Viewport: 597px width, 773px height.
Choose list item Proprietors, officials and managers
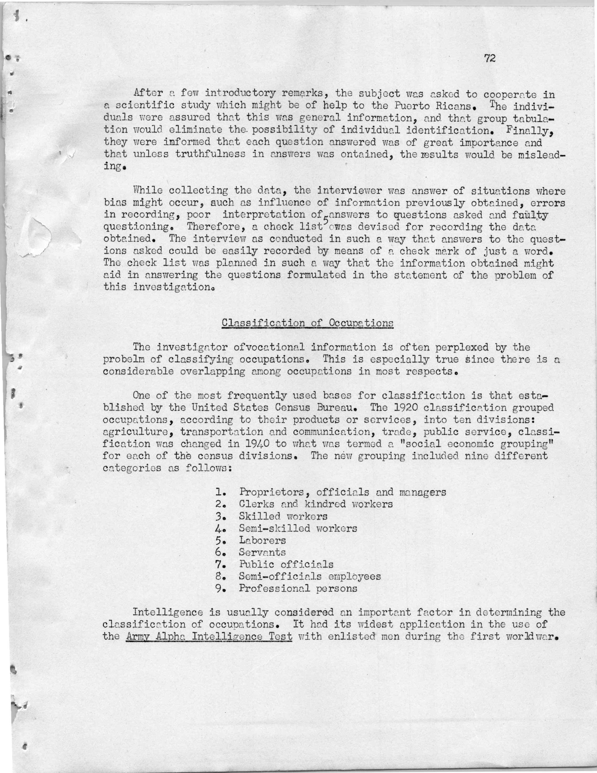click(x=342, y=492)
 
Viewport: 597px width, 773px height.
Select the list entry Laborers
click(x=262, y=540)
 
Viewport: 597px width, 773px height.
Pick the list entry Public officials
click(x=286, y=564)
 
